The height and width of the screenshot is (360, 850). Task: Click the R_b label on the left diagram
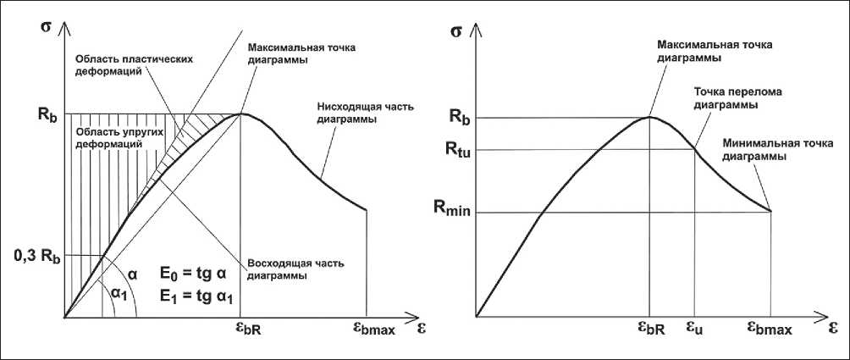coord(48,116)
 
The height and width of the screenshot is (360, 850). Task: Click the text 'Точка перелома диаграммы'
coord(726,98)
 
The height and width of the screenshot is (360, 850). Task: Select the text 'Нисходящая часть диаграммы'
coord(351,114)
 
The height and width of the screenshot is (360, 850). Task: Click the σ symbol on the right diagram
coord(456,33)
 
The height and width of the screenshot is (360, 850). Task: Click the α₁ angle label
coord(119,292)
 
